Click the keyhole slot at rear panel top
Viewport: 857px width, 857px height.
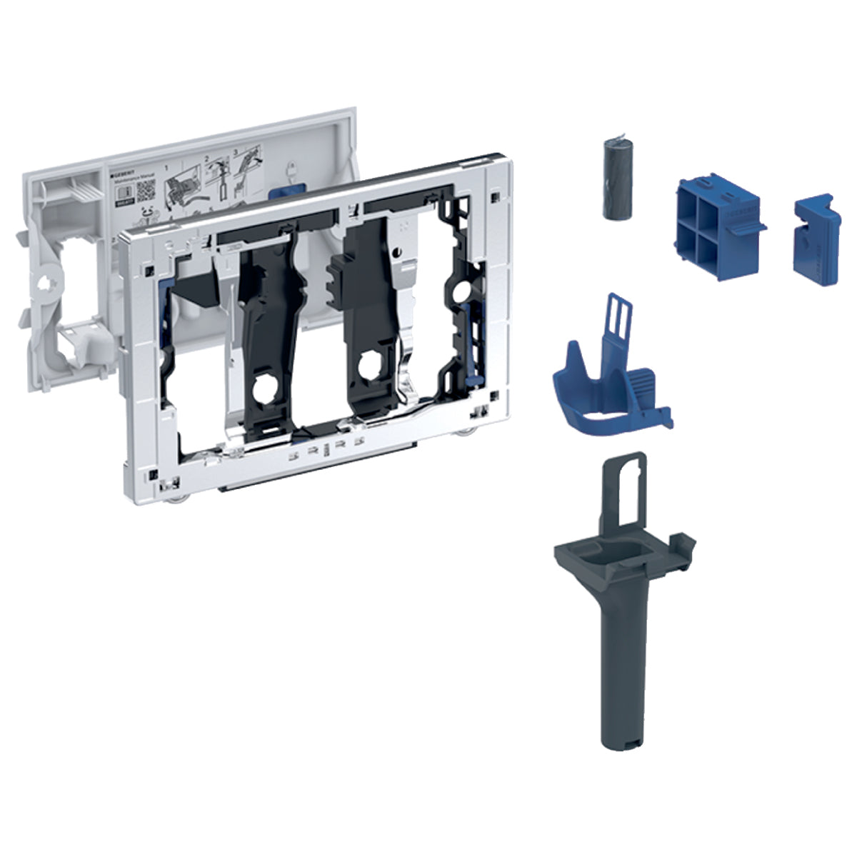pos(290,172)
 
